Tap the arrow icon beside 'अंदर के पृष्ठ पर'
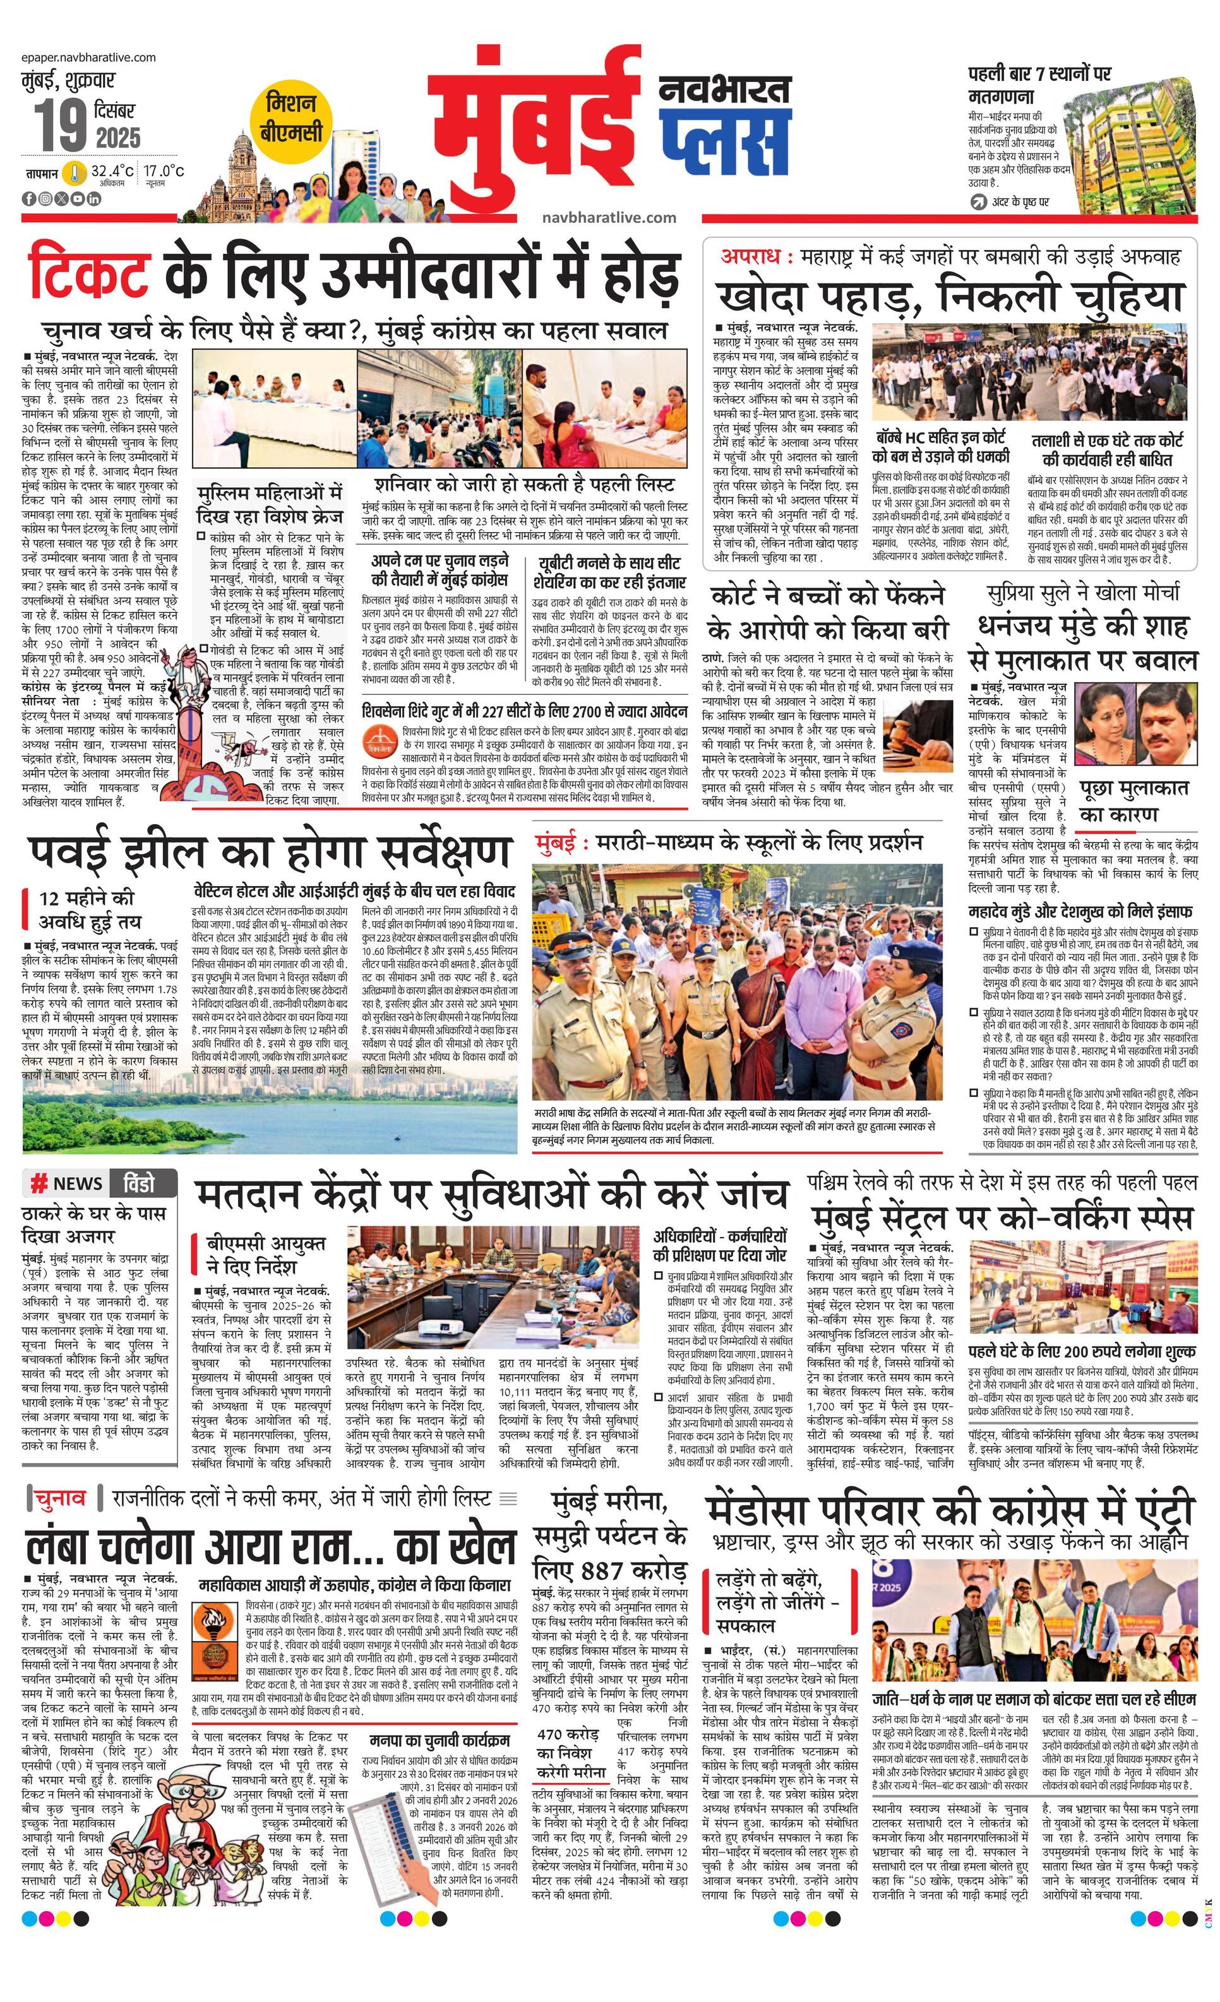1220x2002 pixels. [x=979, y=201]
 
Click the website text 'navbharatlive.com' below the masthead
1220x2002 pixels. [x=609, y=218]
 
